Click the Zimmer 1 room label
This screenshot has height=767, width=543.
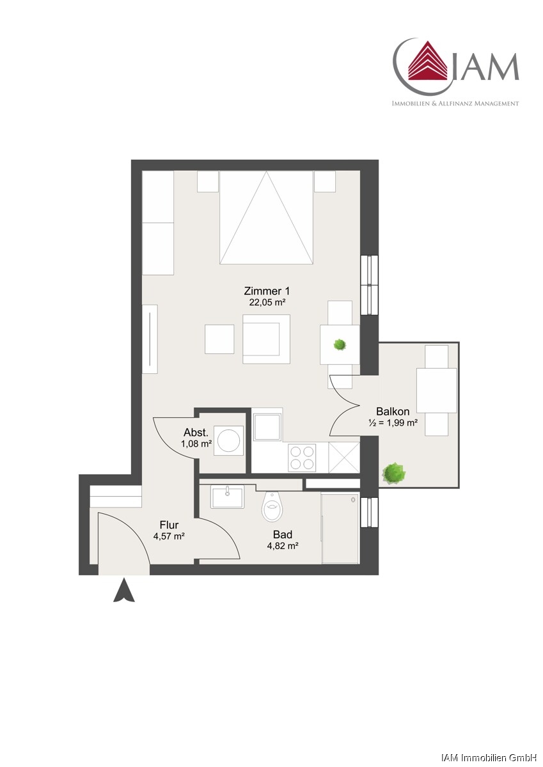(x=267, y=291)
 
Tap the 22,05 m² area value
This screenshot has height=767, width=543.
(x=267, y=302)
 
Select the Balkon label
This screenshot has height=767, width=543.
(x=393, y=411)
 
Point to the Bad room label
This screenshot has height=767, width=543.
(x=283, y=534)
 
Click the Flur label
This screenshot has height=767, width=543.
(x=169, y=525)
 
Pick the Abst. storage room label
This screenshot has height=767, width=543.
(x=196, y=432)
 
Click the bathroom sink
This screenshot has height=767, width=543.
(x=228, y=497)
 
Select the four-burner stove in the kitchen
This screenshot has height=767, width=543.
(x=301, y=458)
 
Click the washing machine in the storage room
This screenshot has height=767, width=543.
(x=228, y=440)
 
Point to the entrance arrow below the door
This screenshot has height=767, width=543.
(x=124, y=589)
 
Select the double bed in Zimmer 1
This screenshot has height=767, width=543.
(x=267, y=217)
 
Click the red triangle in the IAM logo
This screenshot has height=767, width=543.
(x=427, y=60)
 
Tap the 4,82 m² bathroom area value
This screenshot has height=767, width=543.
(x=282, y=546)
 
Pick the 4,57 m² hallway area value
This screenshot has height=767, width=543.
(x=169, y=536)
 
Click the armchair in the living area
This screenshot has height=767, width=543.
(x=266, y=339)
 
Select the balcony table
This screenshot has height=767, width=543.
(x=436, y=391)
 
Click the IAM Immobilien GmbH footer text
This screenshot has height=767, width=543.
(x=489, y=757)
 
